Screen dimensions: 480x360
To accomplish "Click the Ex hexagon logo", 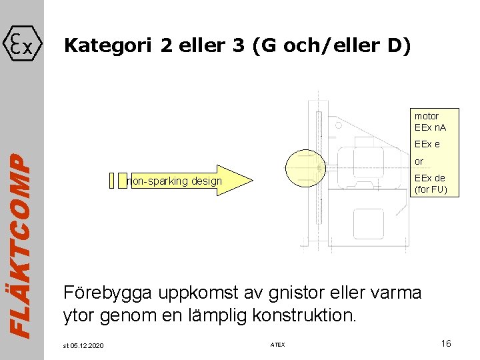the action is pos(22,45).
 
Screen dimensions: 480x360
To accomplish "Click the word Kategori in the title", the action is pos(107,46).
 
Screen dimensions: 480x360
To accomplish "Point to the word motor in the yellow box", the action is pos(426,116).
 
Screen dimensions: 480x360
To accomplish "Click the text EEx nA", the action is pos(430,127).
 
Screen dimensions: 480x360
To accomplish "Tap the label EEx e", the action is pos(427,144).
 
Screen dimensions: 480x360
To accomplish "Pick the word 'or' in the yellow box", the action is pos(419,161).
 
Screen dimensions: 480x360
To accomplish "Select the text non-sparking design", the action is pos(174,181).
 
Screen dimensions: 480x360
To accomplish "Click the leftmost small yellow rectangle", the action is pos(111,180).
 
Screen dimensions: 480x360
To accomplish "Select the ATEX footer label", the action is pos(277,345).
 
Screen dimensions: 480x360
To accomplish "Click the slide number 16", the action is pos(446,343).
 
